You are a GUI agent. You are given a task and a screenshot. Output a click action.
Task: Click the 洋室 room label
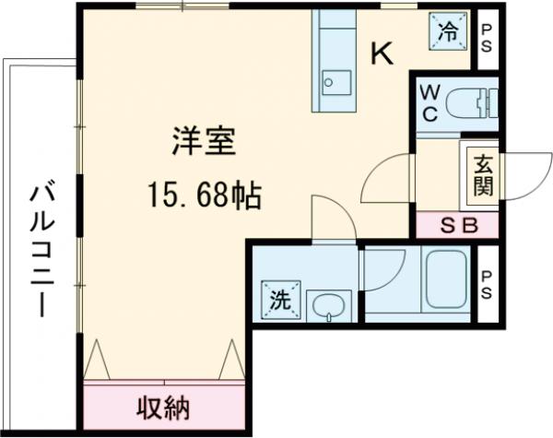tap(204, 142)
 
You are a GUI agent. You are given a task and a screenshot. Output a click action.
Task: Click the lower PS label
tap(486, 283)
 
